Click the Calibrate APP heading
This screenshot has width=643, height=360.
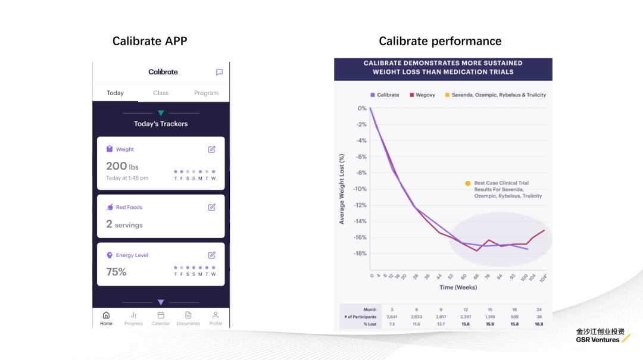pyautogui.click(x=149, y=41)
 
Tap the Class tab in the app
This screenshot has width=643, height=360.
pyautogui.click(x=161, y=93)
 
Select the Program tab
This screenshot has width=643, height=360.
pyautogui.click(x=206, y=93)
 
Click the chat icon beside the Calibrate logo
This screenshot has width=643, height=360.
pyautogui.click(x=219, y=72)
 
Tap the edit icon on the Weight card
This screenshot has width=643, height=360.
pyautogui.click(x=212, y=149)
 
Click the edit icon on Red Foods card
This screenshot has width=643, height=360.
pyautogui.click(x=212, y=207)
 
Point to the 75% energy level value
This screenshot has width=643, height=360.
pyautogui.click(x=116, y=272)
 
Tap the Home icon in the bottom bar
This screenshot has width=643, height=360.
pyautogui.click(x=106, y=318)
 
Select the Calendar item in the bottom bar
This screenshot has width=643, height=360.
pyautogui.click(x=161, y=318)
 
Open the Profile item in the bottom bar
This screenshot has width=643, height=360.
pyautogui.click(x=216, y=318)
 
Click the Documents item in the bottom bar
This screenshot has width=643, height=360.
pyautogui.click(x=188, y=318)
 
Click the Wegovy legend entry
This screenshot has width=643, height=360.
pyautogui.click(x=422, y=95)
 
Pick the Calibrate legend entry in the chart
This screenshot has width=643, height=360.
pyautogui.click(x=385, y=95)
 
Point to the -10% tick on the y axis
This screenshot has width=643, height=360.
pyautogui.click(x=361, y=189)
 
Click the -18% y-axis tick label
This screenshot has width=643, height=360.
pyautogui.click(x=361, y=253)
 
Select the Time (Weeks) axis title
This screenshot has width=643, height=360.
pyautogui.click(x=458, y=287)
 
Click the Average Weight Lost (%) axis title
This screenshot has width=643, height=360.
pyautogui.click(x=342, y=189)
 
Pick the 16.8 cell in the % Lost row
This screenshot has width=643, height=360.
pyautogui.click(x=539, y=324)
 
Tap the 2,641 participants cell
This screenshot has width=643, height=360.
pyautogui.click(x=392, y=317)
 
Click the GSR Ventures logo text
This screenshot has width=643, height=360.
pyautogui.click(x=598, y=340)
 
